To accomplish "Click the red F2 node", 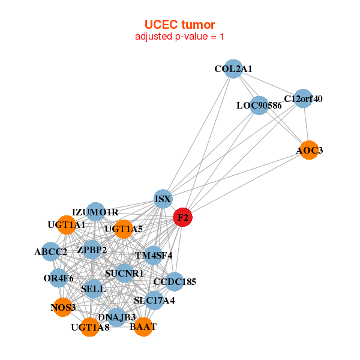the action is [x=182, y=218].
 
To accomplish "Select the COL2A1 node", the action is [x=233, y=69].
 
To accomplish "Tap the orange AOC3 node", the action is [x=307, y=150].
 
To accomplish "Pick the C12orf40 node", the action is [x=302, y=98].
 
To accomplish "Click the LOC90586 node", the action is [x=259, y=106].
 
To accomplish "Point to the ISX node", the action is [x=163, y=199].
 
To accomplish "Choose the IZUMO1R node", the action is [x=95, y=212].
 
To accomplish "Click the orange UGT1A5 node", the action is [x=123, y=229].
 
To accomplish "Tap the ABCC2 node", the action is [x=50, y=252].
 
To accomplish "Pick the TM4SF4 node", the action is [x=154, y=255].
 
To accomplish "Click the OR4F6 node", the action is [x=58, y=278].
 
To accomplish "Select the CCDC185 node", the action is [x=174, y=281].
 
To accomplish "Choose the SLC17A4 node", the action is [x=154, y=300].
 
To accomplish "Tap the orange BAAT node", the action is [x=143, y=327].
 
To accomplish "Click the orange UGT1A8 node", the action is [x=90, y=328].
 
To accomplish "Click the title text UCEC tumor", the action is [x=179, y=25].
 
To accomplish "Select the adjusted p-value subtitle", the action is [x=179, y=37].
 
